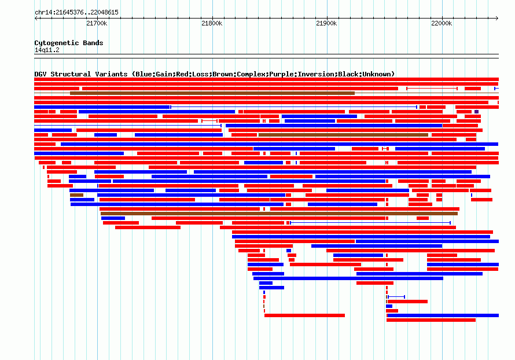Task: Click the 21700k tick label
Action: click(97, 23)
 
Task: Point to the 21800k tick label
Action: click(212, 23)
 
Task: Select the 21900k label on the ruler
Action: click(326, 23)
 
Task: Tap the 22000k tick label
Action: click(442, 23)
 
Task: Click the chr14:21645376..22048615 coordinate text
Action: click(76, 13)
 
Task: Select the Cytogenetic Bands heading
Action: click(69, 43)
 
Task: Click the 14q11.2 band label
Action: click(47, 50)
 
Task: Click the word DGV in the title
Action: click(41, 74)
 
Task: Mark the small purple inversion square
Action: click(477, 112)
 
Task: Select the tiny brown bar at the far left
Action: click(76, 195)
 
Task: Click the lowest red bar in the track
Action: click(431, 320)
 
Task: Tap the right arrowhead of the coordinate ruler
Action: click(497, 19)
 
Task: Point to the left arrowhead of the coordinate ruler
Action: click(36, 19)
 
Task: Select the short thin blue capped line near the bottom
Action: click(396, 297)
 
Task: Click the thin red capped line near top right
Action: click(432, 89)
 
